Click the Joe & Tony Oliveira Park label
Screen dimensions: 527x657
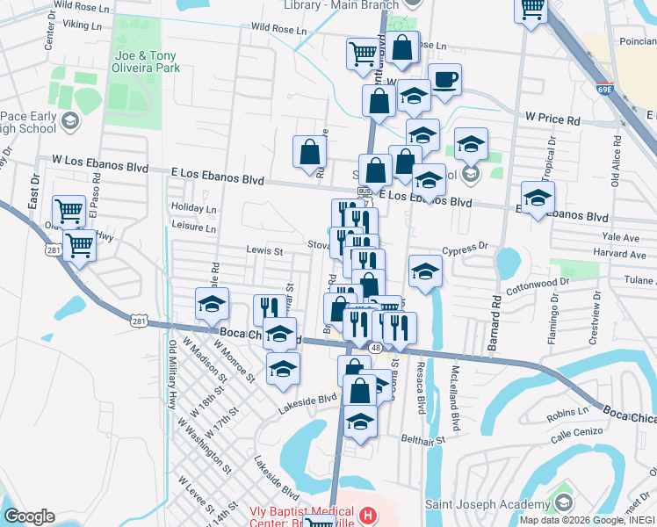pyautogui.click(x=144, y=61)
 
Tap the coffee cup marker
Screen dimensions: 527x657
pyautogui.click(x=444, y=80)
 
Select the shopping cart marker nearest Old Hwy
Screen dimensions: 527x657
pyautogui.click(x=79, y=245)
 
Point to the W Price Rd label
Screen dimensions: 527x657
pyautogui.click(x=553, y=118)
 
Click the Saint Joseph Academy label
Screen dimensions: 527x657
pyautogui.click(x=487, y=504)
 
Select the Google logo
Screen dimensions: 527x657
pyautogui.click(x=29, y=516)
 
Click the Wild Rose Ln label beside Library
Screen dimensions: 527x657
pyautogui.click(x=278, y=30)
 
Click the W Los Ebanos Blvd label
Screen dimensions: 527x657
pyautogui.click(x=100, y=162)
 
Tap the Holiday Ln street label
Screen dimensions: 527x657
pyautogui.click(x=194, y=209)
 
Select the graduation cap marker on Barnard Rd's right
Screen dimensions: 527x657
pyautogui.click(x=538, y=197)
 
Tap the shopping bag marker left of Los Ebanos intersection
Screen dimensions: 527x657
pyautogui.click(x=309, y=151)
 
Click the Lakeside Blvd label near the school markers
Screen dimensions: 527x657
pyautogui.click(x=307, y=398)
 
